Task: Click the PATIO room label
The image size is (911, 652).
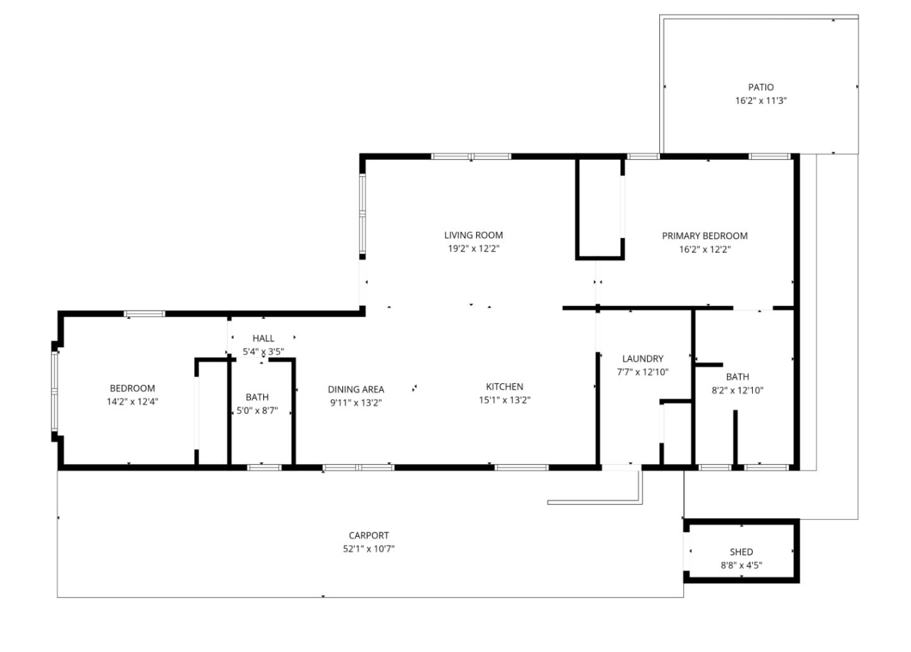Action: pyautogui.click(x=760, y=87)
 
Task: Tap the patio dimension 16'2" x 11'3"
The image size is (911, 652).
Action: pyautogui.click(x=760, y=101)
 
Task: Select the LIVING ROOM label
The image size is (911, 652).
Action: pyautogui.click(x=473, y=235)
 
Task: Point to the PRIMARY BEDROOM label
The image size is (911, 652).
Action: pyautogui.click(x=704, y=236)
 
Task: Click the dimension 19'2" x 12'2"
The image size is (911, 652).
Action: pyautogui.click(x=473, y=249)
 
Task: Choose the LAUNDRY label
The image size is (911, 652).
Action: pyautogui.click(x=642, y=359)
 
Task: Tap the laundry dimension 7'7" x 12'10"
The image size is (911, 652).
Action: pyautogui.click(x=642, y=372)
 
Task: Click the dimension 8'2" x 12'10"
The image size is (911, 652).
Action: pyautogui.click(x=737, y=390)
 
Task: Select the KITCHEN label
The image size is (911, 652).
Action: pyautogui.click(x=504, y=386)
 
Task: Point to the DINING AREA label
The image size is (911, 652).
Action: pyautogui.click(x=356, y=390)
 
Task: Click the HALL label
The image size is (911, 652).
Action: pyautogui.click(x=263, y=338)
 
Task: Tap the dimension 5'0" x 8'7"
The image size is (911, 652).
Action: pyautogui.click(x=257, y=410)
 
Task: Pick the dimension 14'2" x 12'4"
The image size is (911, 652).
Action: pyautogui.click(x=132, y=401)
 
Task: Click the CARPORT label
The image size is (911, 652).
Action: pyautogui.click(x=369, y=536)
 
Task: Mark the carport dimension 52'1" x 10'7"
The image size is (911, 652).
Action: pyautogui.click(x=369, y=549)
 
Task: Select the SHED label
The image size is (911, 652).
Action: pyautogui.click(x=741, y=552)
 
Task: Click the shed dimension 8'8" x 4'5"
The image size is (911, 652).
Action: pyautogui.click(x=741, y=565)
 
